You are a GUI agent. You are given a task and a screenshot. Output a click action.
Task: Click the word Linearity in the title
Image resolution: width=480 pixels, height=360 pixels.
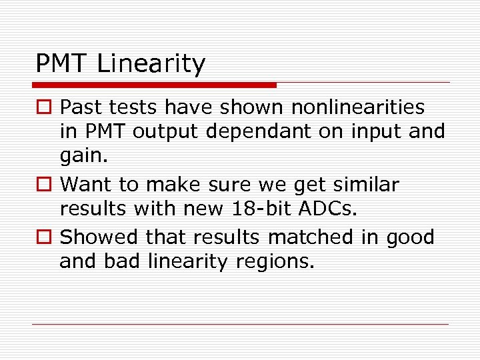click(151, 64)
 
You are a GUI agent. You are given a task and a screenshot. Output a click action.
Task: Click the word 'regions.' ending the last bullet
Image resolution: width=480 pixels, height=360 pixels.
click(275, 262)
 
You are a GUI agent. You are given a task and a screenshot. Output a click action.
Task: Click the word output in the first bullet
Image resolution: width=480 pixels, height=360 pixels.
click(166, 132)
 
